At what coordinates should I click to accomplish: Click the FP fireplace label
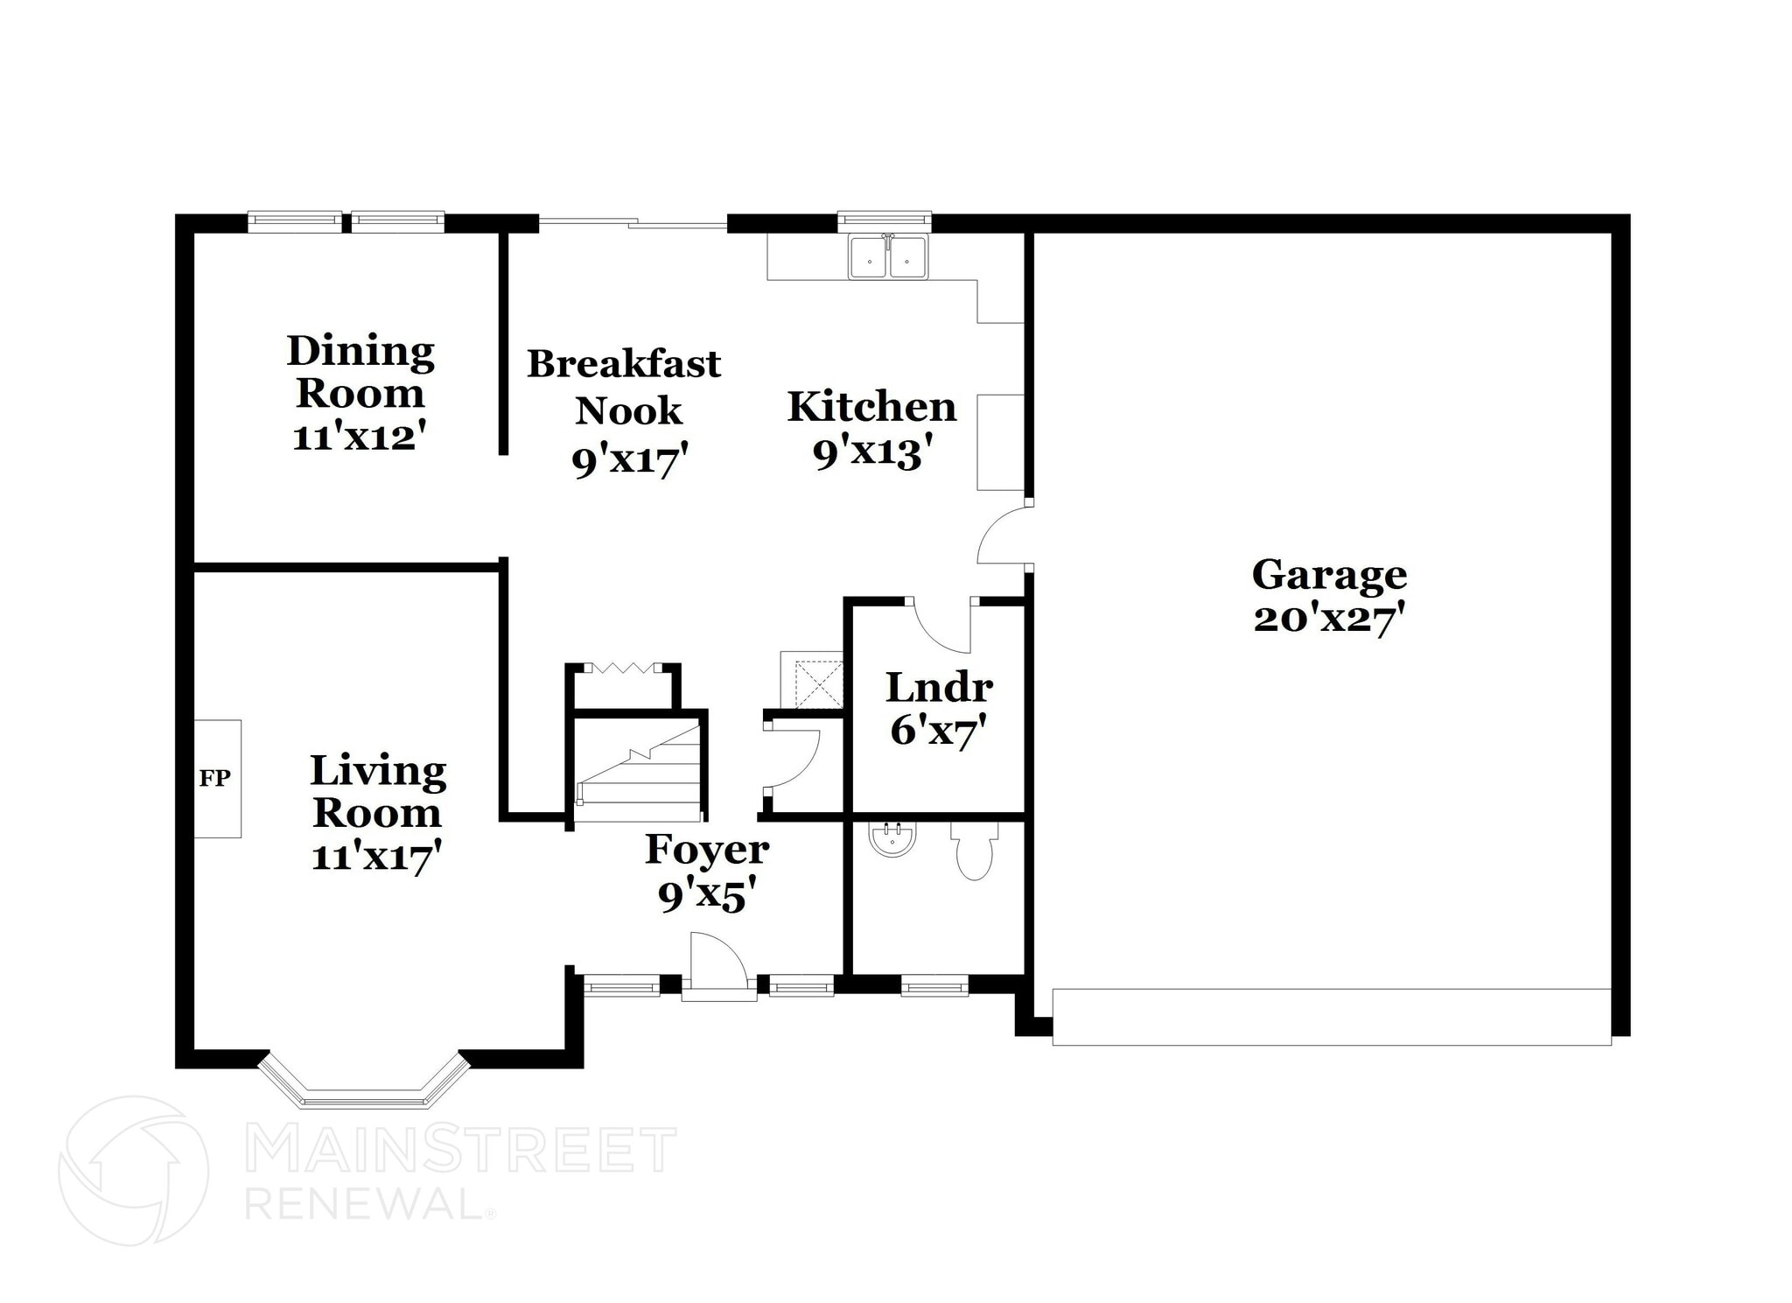pyautogui.click(x=214, y=778)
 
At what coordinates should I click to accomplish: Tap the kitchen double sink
pyautogui.click(x=887, y=256)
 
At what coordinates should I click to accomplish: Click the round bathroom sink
pyautogui.click(x=892, y=839)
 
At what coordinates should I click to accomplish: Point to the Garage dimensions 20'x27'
pyautogui.click(x=1328, y=619)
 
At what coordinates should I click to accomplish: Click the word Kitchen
pyautogui.click(x=871, y=407)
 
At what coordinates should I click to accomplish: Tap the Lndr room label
pyautogui.click(x=939, y=688)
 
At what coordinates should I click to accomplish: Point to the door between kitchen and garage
pyautogui.click(x=1004, y=536)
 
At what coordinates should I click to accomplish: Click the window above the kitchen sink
pyautogui.click(x=884, y=221)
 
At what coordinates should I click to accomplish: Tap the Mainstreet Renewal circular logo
pyautogui.click(x=133, y=1171)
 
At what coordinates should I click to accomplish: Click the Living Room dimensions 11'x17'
pyautogui.click(x=376, y=855)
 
